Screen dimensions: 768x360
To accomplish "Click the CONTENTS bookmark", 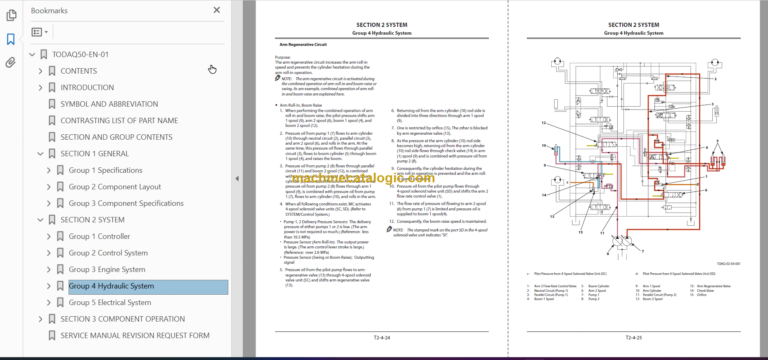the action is pyautogui.click(x=79, y=71).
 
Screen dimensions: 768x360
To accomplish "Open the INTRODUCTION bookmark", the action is pyautogui.click(x=87, y=87).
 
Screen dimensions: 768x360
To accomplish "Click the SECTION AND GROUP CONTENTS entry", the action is pyautogui.click(x=116, y=136).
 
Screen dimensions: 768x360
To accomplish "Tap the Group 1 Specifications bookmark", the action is pyautogui.click(x=105, y=170).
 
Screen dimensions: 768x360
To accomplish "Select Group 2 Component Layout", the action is pyautogui.click(x=114, y=187).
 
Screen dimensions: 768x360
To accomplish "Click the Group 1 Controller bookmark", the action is pyautogui.click(x=99, y=236).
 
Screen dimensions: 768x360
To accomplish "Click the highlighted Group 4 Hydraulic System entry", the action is pyautogui.click(x=111, y=286).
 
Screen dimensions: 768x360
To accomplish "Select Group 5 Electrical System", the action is pyautogui.click(x=109, y=302).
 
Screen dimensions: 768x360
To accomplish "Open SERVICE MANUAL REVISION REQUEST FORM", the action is pyautogui.click(x=135, y=335).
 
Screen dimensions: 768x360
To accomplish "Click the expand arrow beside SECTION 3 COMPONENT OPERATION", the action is pyautogui.click(x=35, y=319).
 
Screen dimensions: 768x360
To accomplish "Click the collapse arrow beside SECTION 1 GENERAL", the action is pyautogui.click(x=35, y=153).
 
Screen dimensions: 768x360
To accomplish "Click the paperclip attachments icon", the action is pyautogui.click(x=10, y=62).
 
